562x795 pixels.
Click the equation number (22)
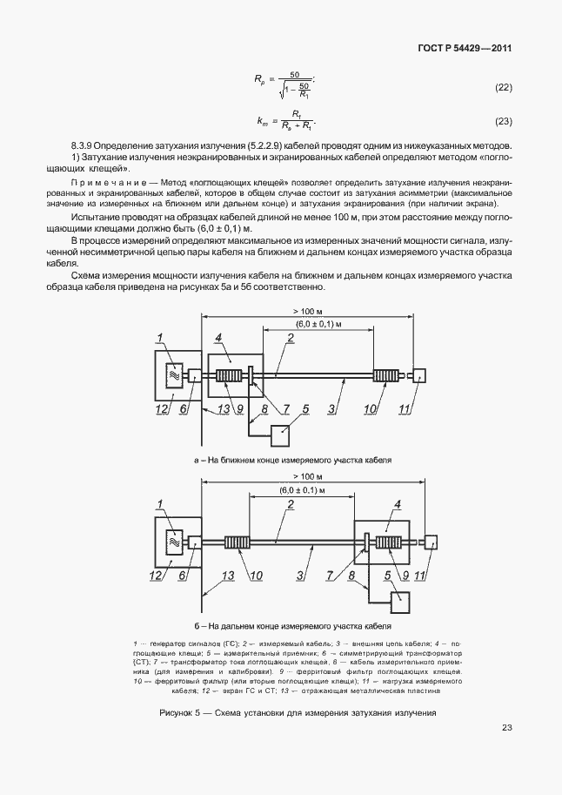[x=502, y=88]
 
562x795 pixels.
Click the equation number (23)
[x=502, y=121]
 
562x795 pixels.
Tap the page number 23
[x=506, y=728]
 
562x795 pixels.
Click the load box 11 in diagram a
[x=419, y=376]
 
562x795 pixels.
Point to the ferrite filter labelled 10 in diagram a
[x=385, y=376]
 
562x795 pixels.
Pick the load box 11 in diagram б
[x=431, y=542]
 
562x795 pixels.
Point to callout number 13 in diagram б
[x=228, y=576]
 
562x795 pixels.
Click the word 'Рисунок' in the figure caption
[x=178, y=713]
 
